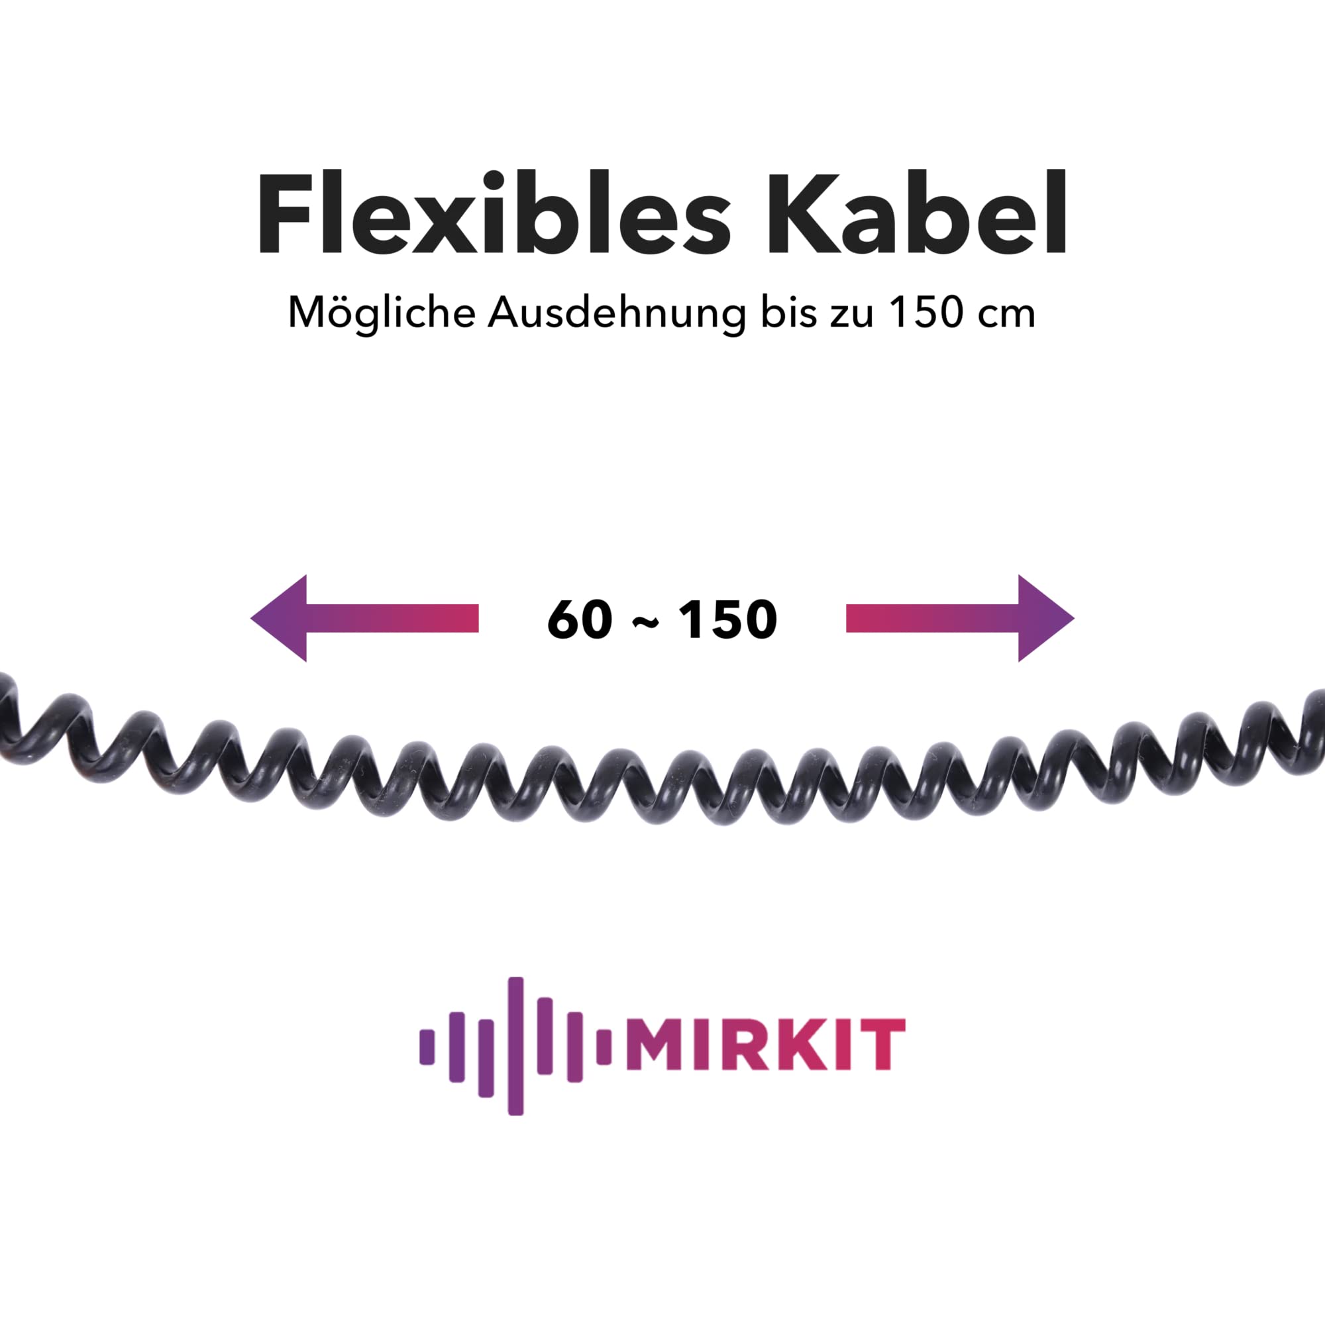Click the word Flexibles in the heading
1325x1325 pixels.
coord(494,212)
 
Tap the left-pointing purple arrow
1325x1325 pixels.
coord(364,619)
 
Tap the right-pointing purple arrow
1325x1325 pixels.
coord(960,619)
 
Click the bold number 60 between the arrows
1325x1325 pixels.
coord(580,620)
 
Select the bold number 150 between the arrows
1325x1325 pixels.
coord(727,620)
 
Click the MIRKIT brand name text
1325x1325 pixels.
coord(765,1045)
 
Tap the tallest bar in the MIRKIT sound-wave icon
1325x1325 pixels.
coord(515,1046)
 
